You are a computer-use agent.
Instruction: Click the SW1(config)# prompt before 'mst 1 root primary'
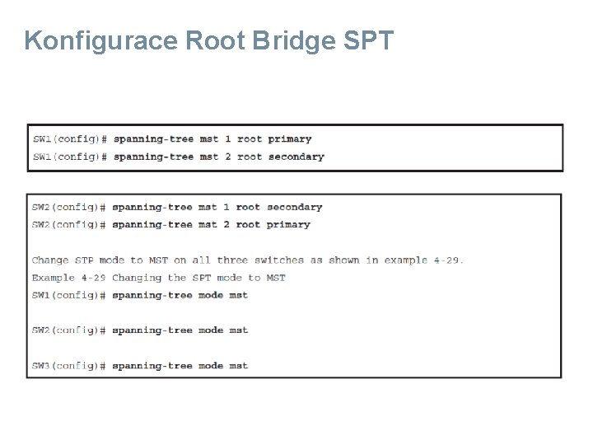pos(70,139)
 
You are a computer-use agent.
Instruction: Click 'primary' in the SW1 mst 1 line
pos(290,139)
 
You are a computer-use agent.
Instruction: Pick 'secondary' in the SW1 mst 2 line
pos(296,157)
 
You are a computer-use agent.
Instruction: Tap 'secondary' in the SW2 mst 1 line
pos(295,207)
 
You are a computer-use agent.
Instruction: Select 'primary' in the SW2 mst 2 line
pos(288,224)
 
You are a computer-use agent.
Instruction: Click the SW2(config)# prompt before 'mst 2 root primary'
pos(69,224)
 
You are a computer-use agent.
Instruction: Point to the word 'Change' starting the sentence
pos(50,260)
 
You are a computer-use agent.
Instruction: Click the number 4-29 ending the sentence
pos(446,260)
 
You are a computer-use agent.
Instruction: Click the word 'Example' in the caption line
pos(54,278)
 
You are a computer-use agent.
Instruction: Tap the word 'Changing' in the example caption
pos(137,278)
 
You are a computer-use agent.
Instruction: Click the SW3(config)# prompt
pos(69,366)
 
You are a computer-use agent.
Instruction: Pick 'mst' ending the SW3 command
pos(239,366)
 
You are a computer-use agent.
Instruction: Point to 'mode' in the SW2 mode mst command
pos(211,330)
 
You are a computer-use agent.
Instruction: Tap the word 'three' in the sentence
pos(232,260)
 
